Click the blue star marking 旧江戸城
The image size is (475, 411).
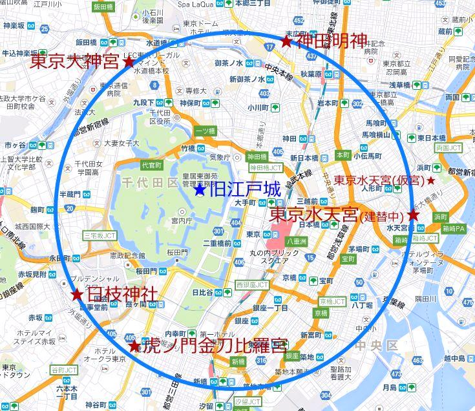pyautogui.click(x=200, y=190)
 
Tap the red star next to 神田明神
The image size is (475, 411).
pyautogui.click(x=286, y=42)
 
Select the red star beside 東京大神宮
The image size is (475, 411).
pyautogui.click(x=129, y=62)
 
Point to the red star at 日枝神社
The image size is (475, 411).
pyautogui.click(x=77, y=295)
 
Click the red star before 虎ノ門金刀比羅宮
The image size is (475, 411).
pyautogui.click(x=134, y=346)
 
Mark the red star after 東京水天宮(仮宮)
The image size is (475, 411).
pyautogui.click(x=431, y=181)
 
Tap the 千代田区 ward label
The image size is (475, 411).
pyautogui.click(x=149, y=184)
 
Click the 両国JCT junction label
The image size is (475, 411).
pyautogui.click(x=450, y=148)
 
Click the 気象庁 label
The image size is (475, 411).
pyautogui.click(x=219, y=157)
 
